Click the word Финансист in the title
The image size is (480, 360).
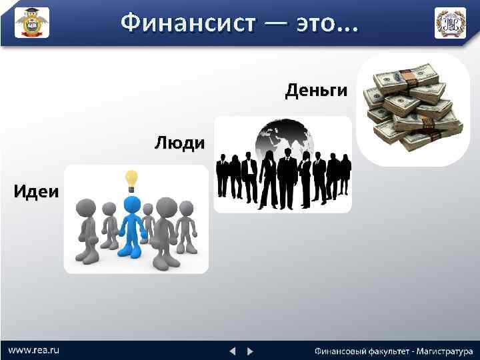pos(187,23)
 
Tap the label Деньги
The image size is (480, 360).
pos(316,91)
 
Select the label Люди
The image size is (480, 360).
pos(179,143)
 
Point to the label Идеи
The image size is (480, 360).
pos(36,192)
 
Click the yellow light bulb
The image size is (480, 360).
pos(132,179)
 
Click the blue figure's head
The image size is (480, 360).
pos(133,204)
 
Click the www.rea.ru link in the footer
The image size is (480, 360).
pos(34,350)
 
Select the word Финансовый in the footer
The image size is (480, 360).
pos(341,351)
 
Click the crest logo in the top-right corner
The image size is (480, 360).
pos(450,23)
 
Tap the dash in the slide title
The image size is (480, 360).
pos(275,24)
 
